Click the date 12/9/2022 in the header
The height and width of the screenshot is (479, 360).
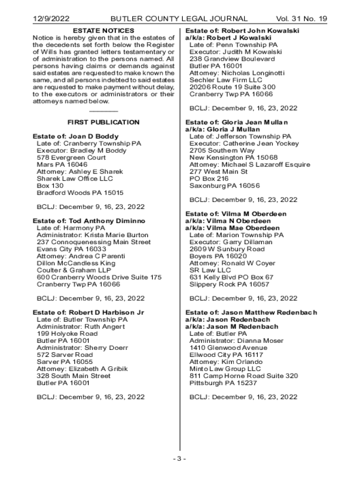(50, 19)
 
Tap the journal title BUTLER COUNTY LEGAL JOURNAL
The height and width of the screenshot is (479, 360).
(179, 19)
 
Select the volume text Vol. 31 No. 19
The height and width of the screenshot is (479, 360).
(302, 19)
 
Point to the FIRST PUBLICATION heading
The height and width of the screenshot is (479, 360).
(103, 122)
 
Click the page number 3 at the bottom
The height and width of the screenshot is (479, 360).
(179, 458)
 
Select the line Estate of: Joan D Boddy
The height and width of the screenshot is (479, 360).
(75, 137)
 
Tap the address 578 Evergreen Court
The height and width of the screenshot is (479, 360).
(71, 158)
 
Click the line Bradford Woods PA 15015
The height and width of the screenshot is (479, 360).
(80, 193)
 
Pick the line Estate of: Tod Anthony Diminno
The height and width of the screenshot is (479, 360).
(89, 221)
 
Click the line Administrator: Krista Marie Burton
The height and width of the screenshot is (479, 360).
(93, 235)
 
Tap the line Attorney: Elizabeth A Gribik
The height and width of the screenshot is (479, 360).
(82, 369)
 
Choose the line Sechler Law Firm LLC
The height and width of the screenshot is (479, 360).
(226, 80)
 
